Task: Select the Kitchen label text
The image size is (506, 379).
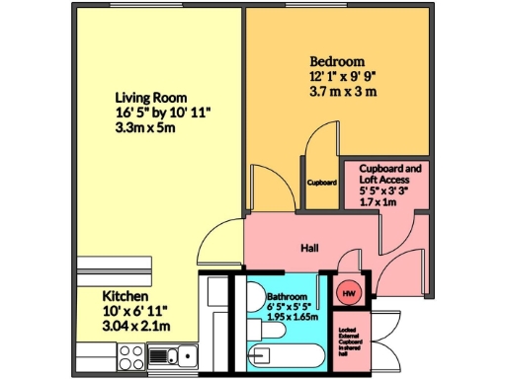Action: (126, 296)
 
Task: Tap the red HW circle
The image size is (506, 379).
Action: (348, 292)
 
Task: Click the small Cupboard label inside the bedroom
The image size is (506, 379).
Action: (322, 183)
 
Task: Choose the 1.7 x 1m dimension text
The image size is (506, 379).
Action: (377, 200)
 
